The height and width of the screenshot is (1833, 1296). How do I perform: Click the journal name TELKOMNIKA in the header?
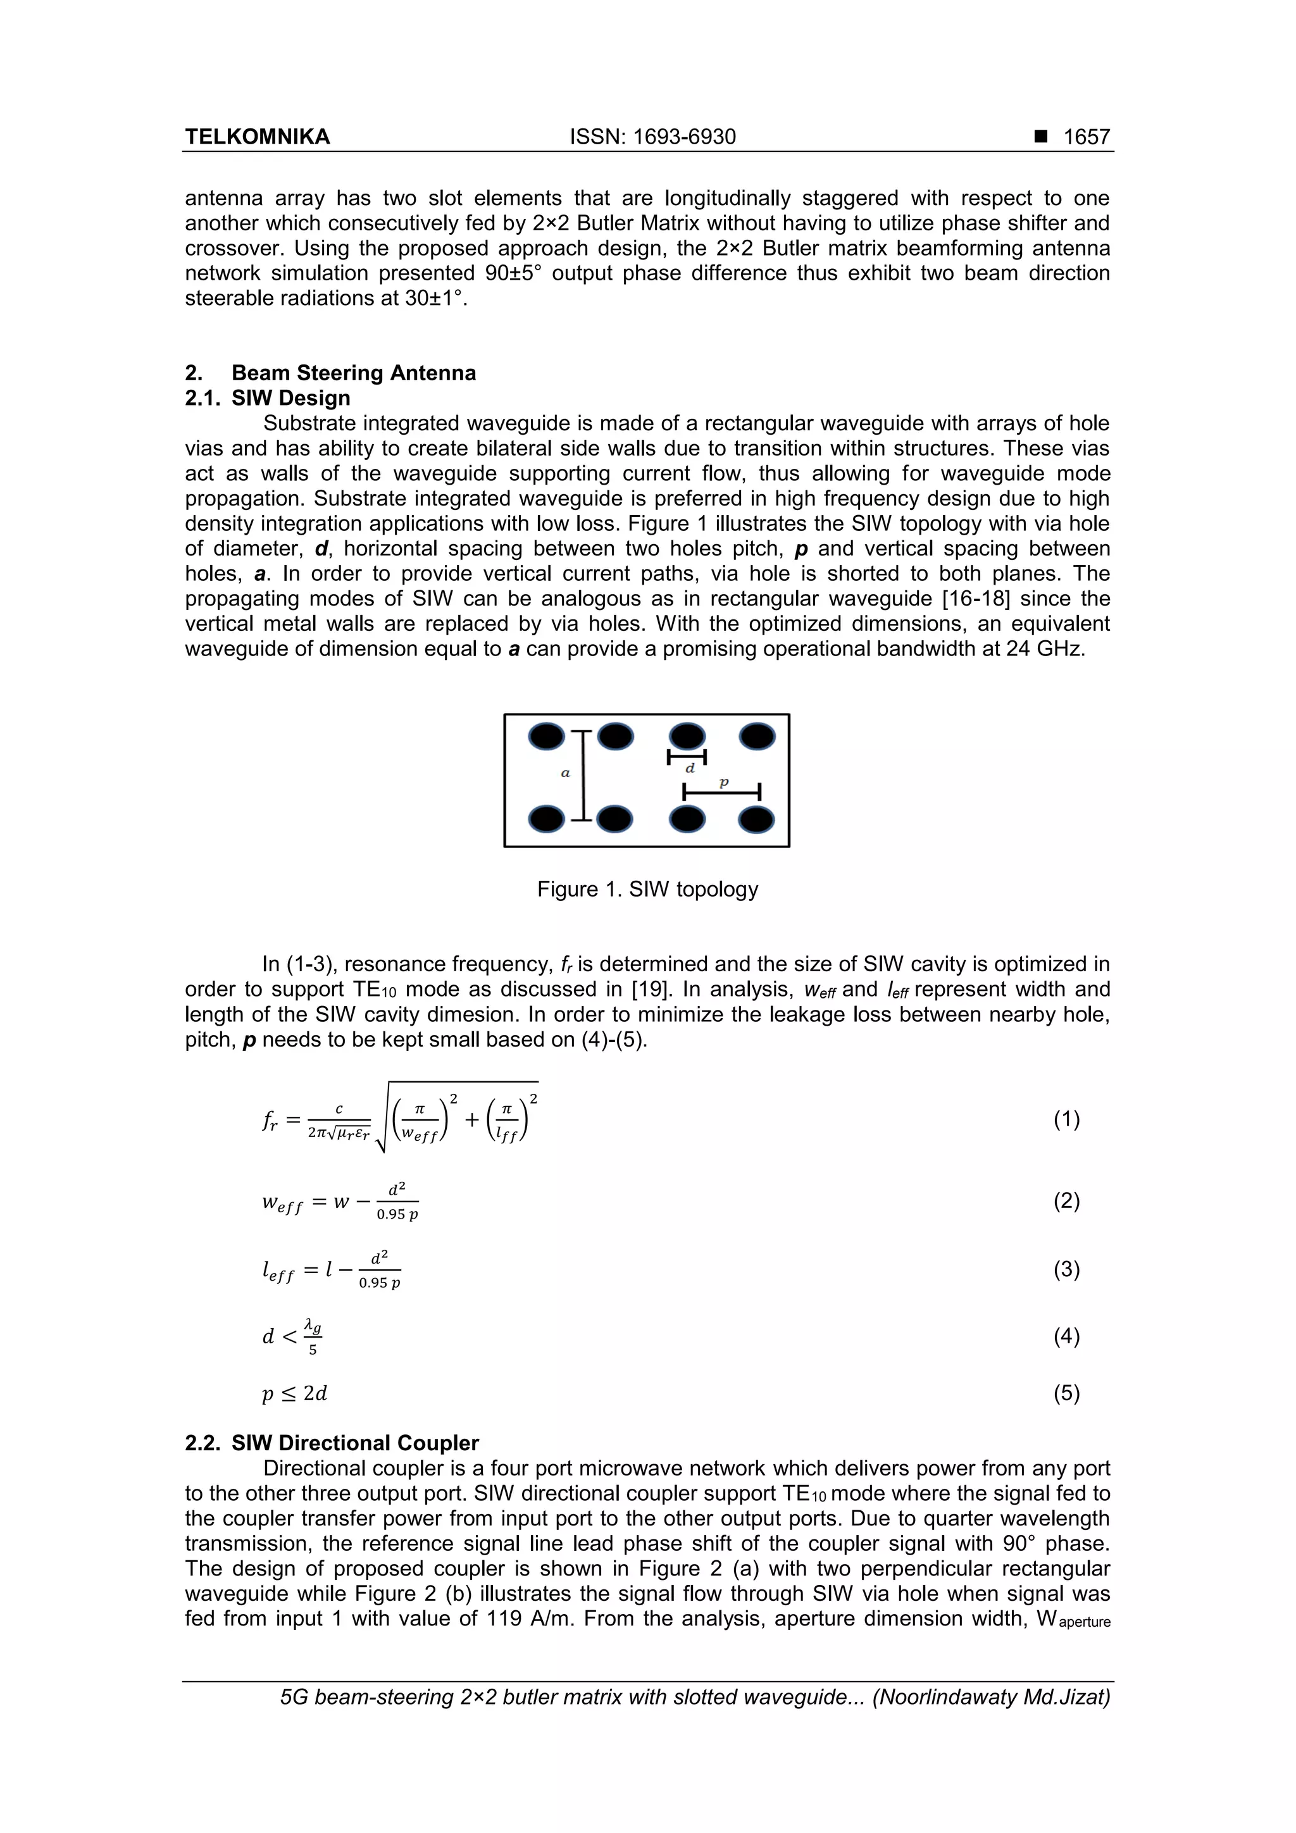(x=257, y=137)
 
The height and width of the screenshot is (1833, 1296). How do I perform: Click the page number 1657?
(x=1086, y=137)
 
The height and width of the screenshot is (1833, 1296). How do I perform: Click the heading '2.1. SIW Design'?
(x=268, y=397)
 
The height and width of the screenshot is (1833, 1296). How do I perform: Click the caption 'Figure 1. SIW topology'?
(x=647, y=890)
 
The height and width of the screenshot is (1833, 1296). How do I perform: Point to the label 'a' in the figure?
(x=565, y=773)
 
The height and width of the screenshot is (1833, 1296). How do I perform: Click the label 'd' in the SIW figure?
(x=690, y=768)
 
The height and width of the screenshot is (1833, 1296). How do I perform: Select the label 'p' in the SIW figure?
(x=723, y=783)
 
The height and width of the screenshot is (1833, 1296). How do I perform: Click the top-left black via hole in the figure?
(x=547, y=736)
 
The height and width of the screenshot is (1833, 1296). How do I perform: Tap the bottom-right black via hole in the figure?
(x=756, y=819)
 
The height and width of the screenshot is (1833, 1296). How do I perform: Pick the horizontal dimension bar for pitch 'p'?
(x=721, y=793)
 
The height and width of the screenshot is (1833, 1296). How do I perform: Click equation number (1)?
(x=1066, y=1119)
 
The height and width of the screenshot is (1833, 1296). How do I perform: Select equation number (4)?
(x=1066, y=1336)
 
